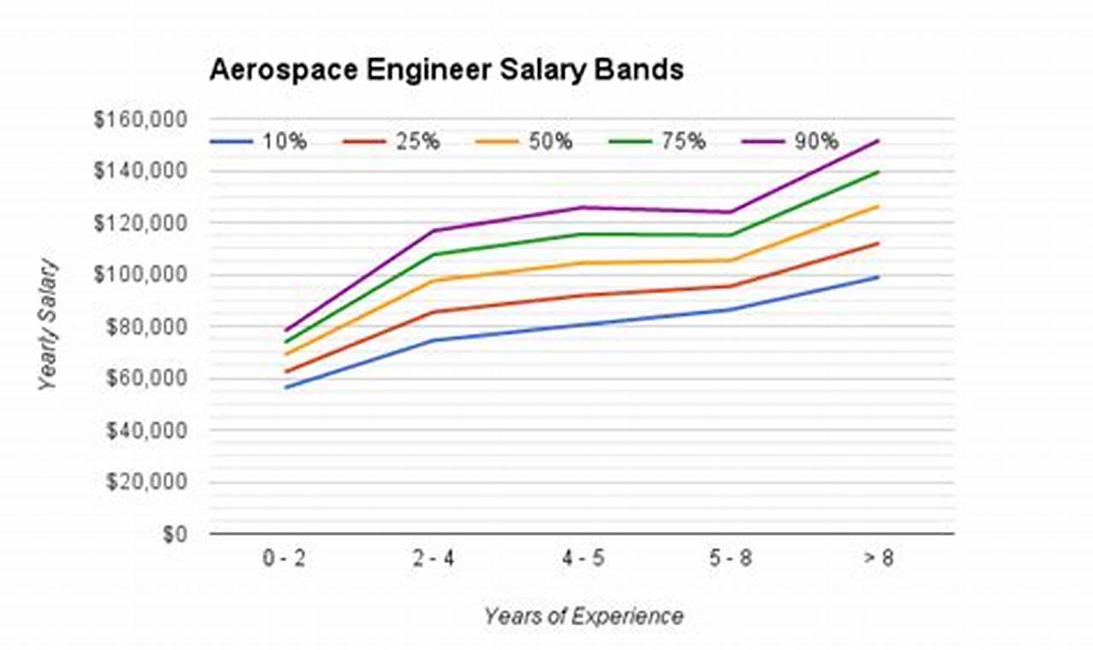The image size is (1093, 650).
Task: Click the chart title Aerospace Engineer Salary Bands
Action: point(446,69)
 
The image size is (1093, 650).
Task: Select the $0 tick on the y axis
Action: point(175,535)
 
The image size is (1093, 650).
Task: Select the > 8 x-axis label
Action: point(878,560)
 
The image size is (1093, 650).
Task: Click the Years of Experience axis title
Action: point(582,616)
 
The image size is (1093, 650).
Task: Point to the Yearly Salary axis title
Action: point(50,325)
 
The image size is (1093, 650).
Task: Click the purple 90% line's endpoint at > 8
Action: point(878,140)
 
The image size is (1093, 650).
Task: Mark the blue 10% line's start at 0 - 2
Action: point(287,387)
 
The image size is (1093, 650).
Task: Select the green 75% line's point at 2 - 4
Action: point(434,254)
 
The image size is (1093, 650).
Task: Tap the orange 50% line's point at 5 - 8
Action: point(730,260)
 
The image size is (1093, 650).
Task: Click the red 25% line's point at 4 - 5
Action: point(582,296)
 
